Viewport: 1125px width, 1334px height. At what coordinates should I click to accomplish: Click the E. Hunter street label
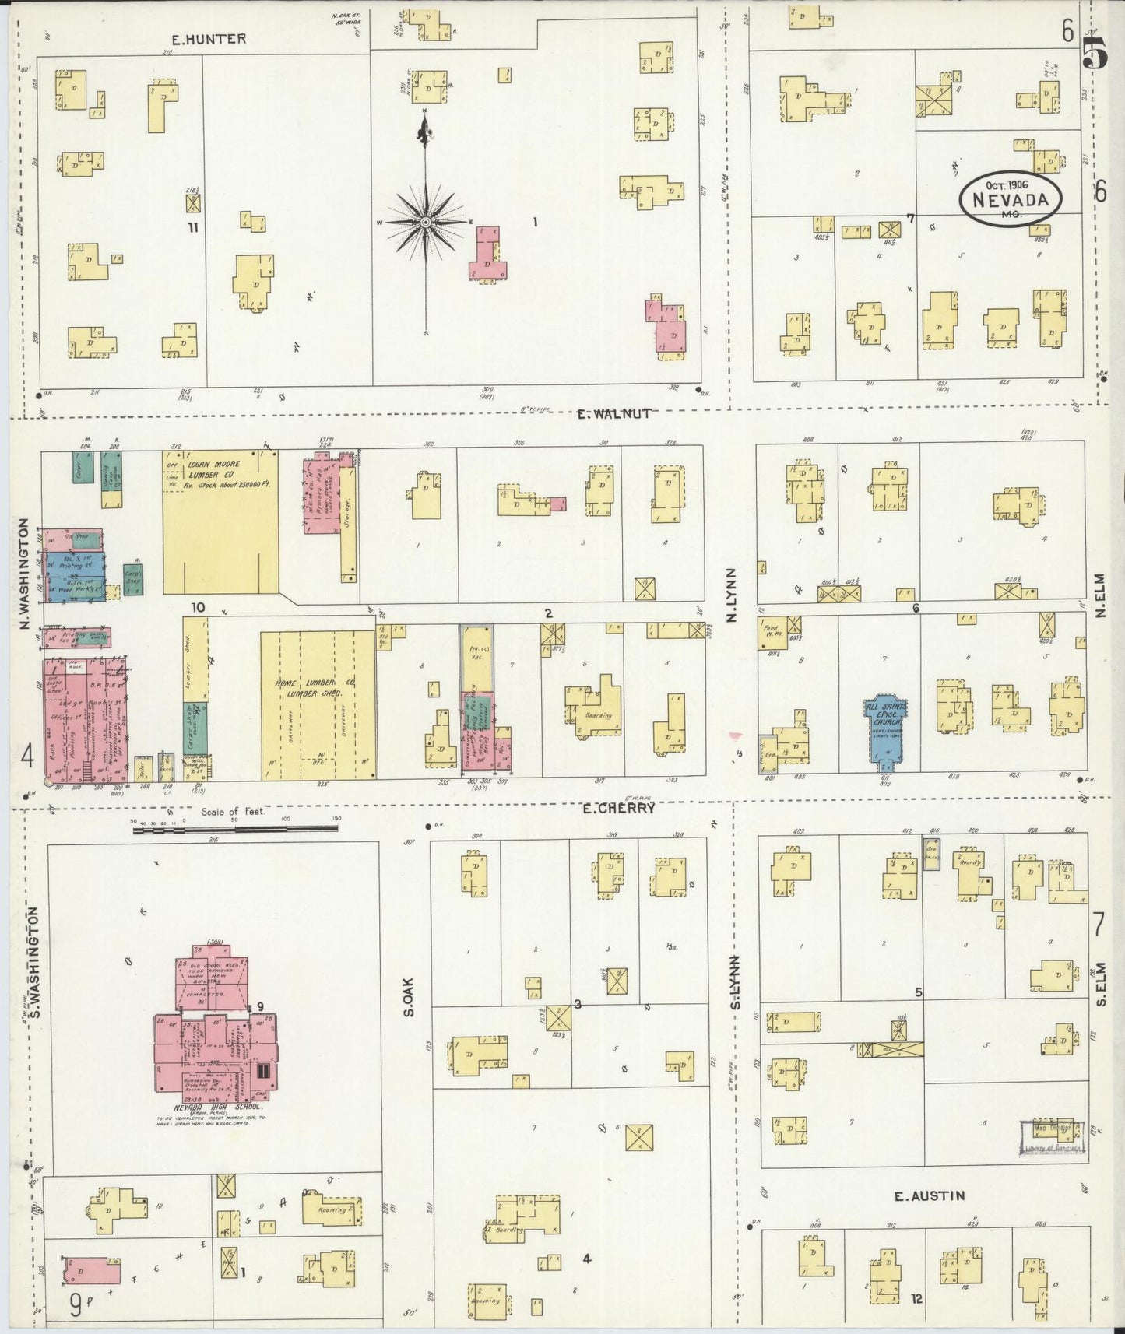209,39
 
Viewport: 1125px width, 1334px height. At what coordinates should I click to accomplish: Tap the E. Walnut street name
613,414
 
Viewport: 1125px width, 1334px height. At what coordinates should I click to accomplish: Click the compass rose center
425,223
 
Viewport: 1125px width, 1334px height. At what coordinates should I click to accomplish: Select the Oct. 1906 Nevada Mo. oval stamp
1010,198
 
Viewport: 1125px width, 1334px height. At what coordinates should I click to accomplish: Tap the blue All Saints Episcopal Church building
884,724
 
